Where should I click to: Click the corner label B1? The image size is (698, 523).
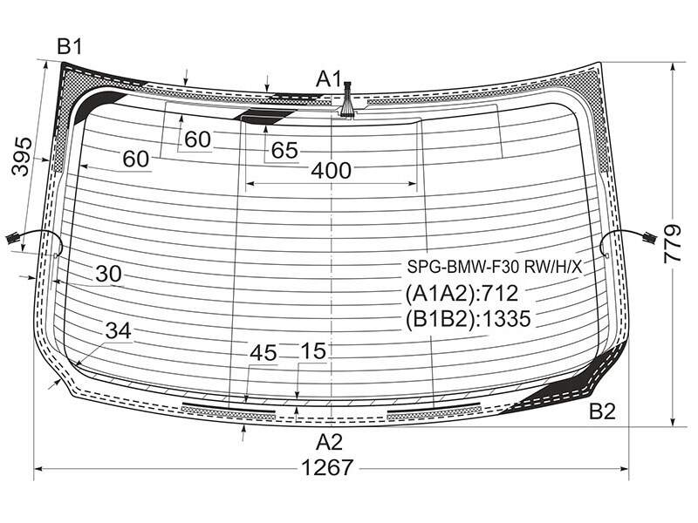[70, 46]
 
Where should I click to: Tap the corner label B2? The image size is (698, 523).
[602, 411]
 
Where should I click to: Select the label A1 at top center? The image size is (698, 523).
[329, 79]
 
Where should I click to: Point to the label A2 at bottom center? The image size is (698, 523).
[330, 442]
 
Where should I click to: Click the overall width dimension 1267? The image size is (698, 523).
[327, 468]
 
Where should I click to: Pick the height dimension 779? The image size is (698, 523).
[672, 244]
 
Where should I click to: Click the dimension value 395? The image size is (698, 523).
[23, 157]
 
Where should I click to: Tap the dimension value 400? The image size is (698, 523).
[332, 170]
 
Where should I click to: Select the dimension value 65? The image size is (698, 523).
[284, 150]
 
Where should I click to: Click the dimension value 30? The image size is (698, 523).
[108, 274]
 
